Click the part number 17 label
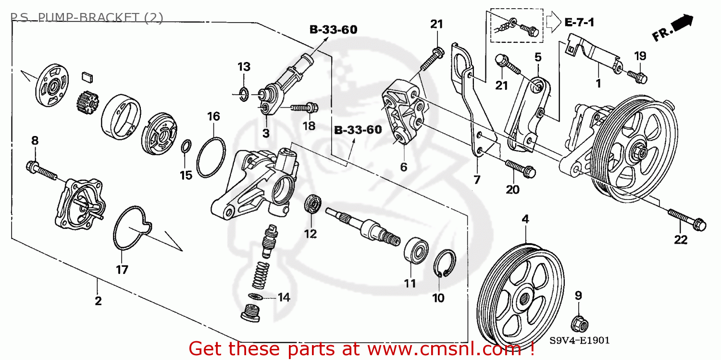(122, 270)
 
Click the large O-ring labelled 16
(210, 157)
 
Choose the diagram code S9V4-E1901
(579, 340)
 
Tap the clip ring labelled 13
(244, 95)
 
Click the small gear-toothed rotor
(87, 102)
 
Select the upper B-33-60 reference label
(333, 30)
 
